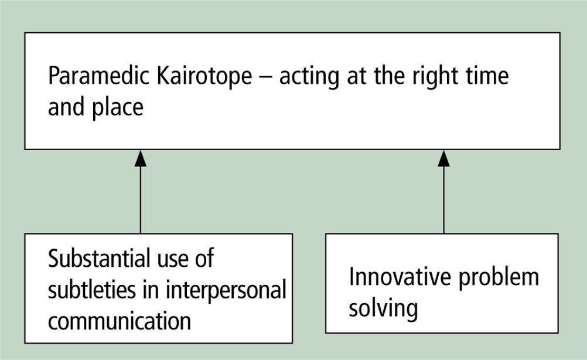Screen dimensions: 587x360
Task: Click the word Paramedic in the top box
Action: (99, 76)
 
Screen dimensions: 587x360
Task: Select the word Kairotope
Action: (204, 76)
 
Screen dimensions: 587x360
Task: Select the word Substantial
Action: (99, 258)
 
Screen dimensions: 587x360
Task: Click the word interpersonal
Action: (226, 291)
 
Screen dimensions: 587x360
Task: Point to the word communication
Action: (120, 321)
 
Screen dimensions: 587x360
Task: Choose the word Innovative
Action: (400, 277)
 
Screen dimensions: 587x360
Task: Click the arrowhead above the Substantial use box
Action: (141, 158)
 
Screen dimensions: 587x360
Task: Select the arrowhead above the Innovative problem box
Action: (443, 158)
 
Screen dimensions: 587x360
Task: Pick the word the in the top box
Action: (390, 76)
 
